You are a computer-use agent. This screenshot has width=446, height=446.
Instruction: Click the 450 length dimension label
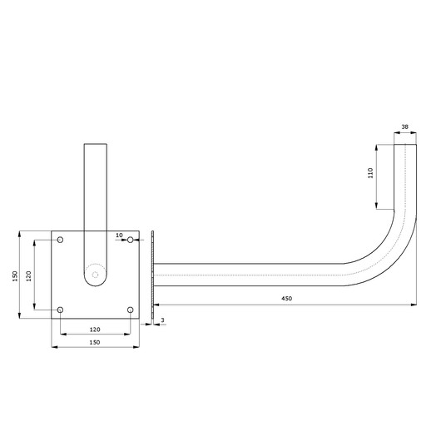pos(287,299)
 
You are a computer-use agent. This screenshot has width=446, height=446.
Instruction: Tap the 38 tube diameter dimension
pos(404,126)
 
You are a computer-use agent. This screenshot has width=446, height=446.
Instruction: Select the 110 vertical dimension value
pos(370,173)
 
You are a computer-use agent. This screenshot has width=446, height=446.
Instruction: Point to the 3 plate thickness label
pos(162,320)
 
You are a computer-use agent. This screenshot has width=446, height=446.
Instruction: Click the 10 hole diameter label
pos(119,235)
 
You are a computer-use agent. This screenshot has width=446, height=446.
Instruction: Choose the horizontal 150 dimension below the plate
pos(95,342)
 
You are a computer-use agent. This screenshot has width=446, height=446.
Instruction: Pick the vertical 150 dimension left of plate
pos(15,276)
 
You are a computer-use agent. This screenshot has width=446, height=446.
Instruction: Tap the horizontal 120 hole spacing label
pos(95,330)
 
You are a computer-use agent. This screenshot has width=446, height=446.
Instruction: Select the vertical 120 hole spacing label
pos(28,276)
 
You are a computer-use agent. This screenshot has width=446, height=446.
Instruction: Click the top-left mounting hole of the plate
pos(60,240)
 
